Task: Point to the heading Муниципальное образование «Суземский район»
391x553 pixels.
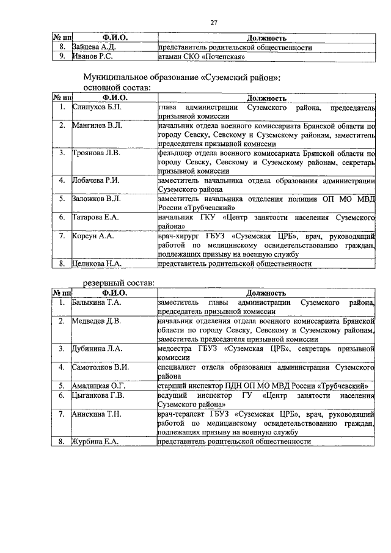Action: [x=181, y=78]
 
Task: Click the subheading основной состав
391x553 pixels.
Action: [x=116, y=88]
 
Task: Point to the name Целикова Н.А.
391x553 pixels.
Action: [x=95, y=263]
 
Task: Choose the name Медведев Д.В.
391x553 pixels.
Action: [x=97, y=320]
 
